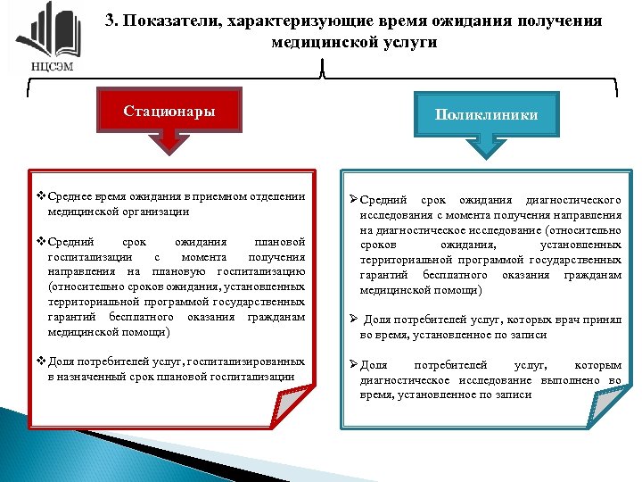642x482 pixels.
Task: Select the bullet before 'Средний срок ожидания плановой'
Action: [x=37, y=242]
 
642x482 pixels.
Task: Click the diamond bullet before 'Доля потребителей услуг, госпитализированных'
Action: [x=37, y=361]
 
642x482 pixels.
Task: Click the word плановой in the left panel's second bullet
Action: [x=279, y=242]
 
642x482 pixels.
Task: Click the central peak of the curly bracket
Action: [x=321, y=72]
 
